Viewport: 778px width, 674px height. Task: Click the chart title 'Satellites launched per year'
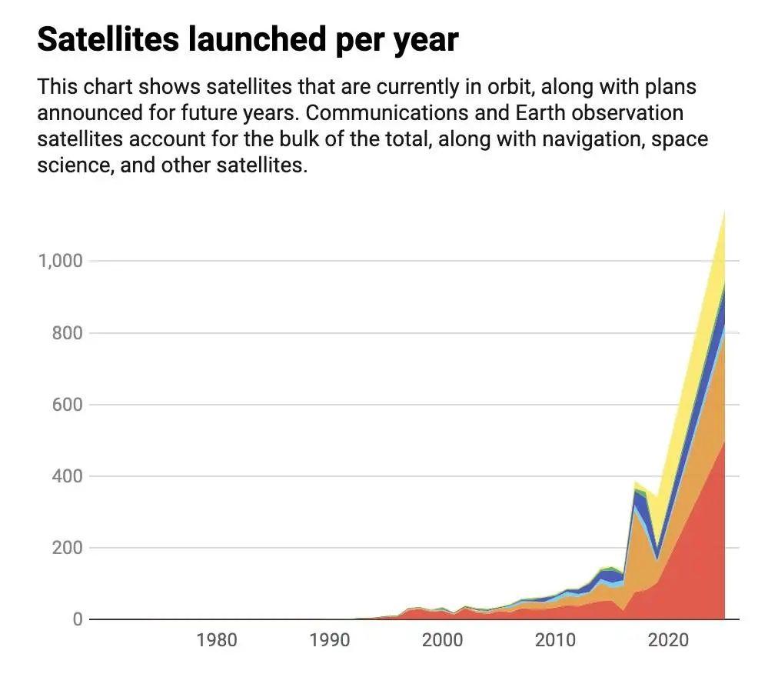[248, 38]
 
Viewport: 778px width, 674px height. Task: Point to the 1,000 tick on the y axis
[60, 261]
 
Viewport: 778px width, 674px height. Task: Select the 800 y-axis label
[66, 333]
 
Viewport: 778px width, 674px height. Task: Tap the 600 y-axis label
[66, 405]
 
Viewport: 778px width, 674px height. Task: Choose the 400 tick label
[66, 476]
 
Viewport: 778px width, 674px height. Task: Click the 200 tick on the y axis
[66, 548]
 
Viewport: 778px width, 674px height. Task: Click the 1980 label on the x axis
[216, 641]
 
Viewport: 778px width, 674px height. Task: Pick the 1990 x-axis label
[329, 641]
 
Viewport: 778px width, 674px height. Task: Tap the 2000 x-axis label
[442, 641]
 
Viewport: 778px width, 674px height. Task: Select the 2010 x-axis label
[555, 641]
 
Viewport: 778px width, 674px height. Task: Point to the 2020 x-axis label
[668, 641]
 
